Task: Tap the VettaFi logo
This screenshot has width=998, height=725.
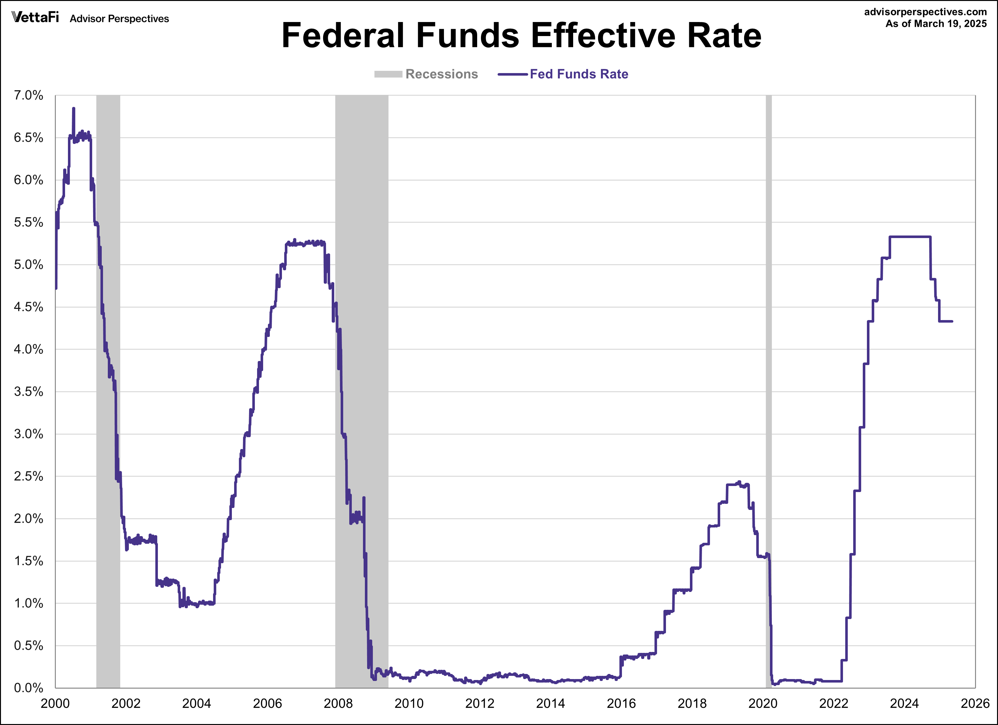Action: [x=35, y=17]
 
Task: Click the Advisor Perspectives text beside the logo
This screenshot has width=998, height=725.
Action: [x=119, y=19]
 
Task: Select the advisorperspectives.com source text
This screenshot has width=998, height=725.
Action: [x=925, y=12]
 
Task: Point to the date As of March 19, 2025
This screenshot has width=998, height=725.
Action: [x=935, y=24]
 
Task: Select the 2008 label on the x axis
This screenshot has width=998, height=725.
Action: [x=338, y=703]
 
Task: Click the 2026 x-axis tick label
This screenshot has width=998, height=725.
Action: [x=975, y=703]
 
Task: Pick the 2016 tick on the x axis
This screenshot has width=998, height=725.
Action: [x=621, y=703]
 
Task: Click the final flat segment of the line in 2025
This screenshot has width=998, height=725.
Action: [x=946, y=321]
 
